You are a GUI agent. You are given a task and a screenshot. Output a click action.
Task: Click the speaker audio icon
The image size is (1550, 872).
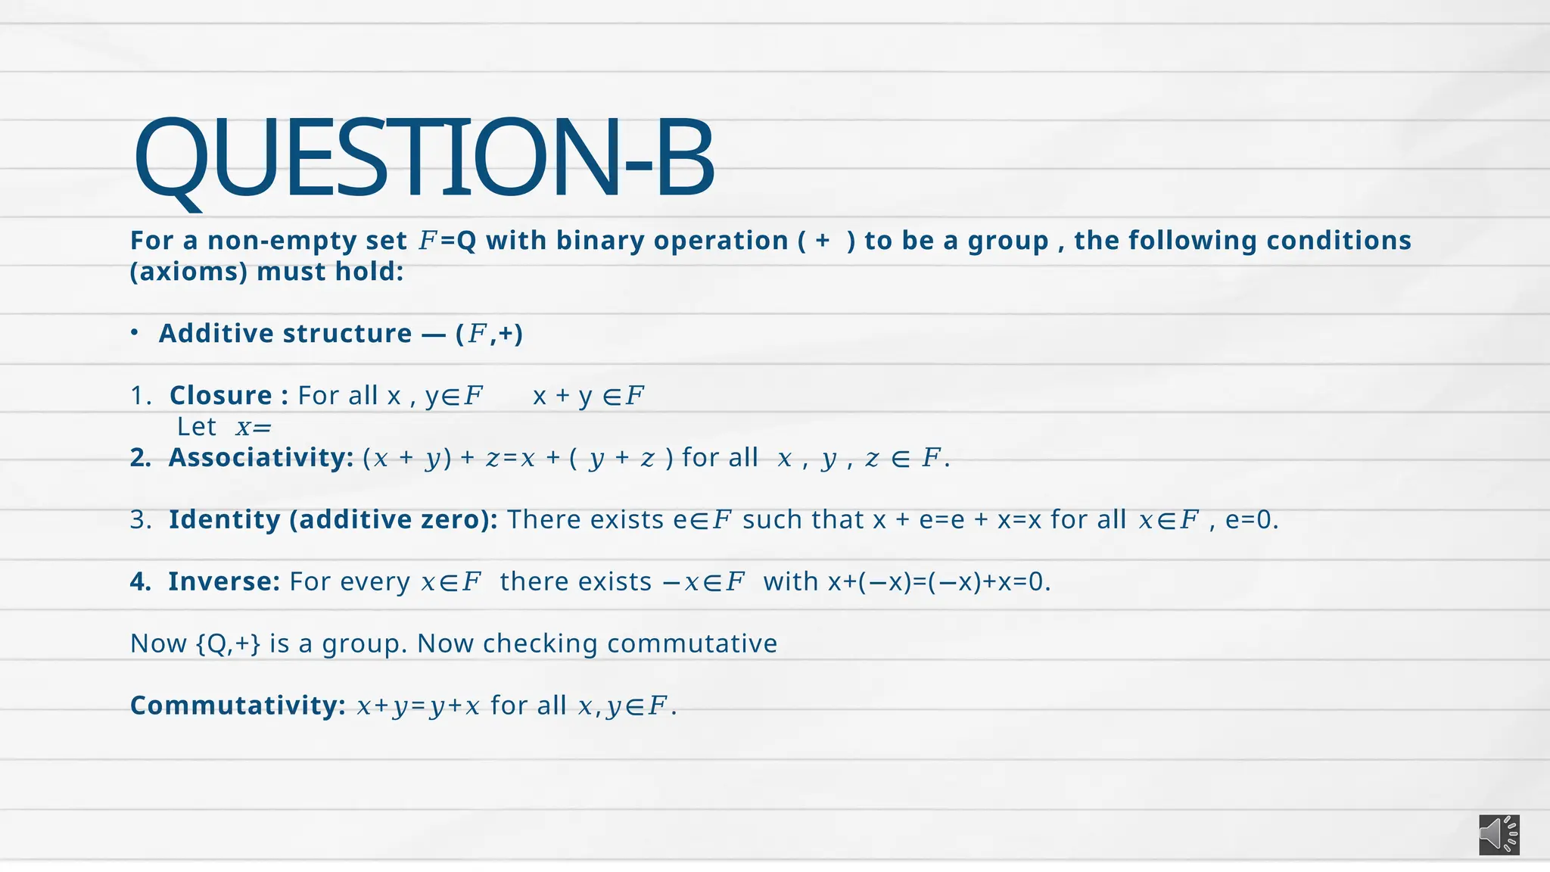click(x=1499, y=835)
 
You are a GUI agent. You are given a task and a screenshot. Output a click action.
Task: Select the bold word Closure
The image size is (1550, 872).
click(x=221, y=395)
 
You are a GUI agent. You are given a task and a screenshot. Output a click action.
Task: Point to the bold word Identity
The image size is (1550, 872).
click(x=225, y=519)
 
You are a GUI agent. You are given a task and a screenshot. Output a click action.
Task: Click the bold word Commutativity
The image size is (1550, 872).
click(x=238, y=705)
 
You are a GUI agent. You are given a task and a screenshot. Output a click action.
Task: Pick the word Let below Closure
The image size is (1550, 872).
click(x=197, y=427)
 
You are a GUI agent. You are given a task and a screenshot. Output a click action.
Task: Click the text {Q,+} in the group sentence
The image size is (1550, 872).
click(x=228, y=643)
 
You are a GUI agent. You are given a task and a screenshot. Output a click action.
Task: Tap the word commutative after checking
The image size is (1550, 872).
click(x=692, y=643)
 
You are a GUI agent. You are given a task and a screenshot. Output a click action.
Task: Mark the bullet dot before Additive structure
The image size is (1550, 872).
click(x=134, y=333)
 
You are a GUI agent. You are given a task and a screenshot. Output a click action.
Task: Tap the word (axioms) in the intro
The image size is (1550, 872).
click(x=188, y=271)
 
